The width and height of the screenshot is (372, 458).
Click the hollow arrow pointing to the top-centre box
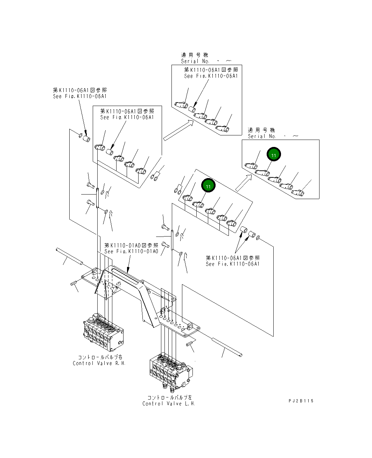[x=178, y=131]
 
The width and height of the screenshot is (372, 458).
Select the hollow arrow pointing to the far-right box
[x=244, y=183]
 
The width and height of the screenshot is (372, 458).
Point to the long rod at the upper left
[x=69, y=256]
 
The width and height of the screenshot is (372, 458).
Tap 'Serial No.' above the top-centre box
[x=195, y=61]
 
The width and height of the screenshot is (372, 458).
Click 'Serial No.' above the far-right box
[x=262, y=136]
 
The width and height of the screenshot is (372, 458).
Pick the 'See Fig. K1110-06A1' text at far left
[x=80, y=96]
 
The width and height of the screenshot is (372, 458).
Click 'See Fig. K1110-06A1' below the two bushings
[x=233, y=264]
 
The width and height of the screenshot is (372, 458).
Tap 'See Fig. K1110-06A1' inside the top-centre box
[x=211, y=76]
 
